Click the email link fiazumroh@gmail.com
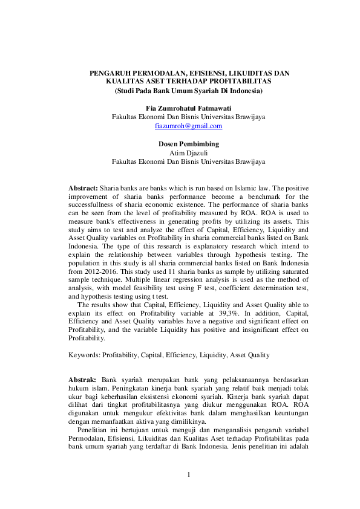pos(188,126)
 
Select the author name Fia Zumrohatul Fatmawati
pos(189,107)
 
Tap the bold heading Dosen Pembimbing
pos(188,144)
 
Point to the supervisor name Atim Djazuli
pos(188,153)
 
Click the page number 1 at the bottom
pos(188,475)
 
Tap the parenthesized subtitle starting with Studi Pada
pos(189,90)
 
